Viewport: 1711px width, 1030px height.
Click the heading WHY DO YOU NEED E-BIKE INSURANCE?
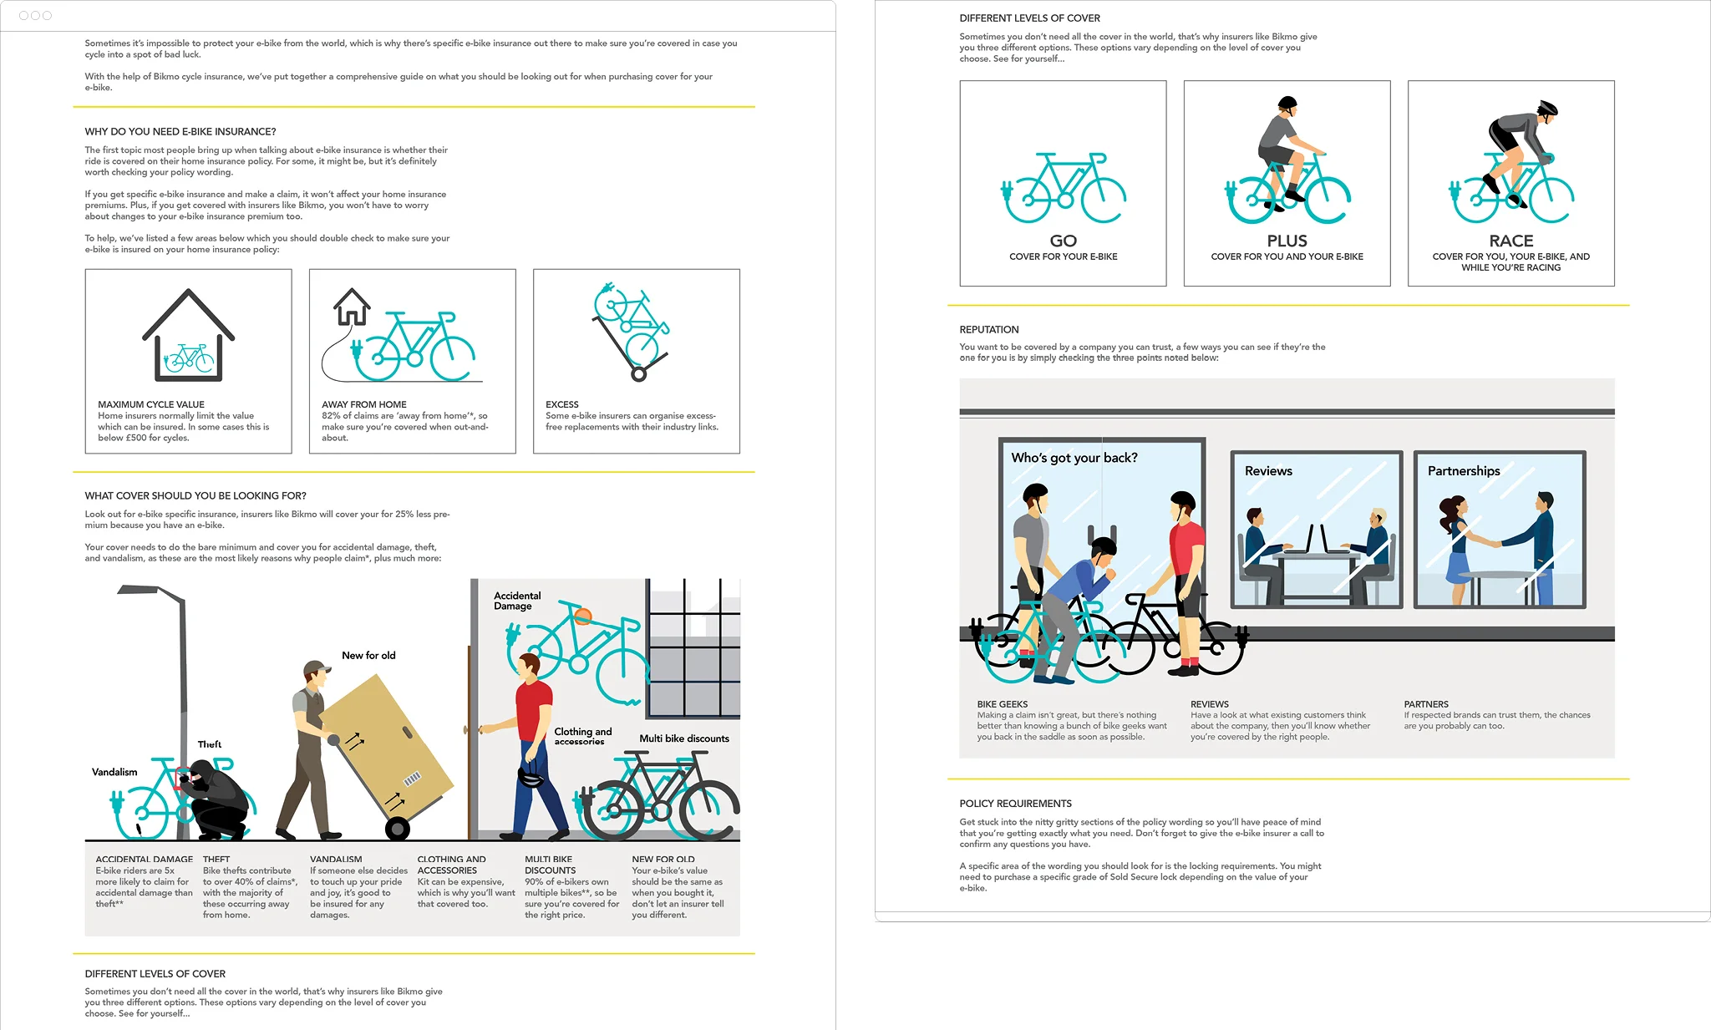tap(180, 131)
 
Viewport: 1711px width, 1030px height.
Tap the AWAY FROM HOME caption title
tap(363, 404)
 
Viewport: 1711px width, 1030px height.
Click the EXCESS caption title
tap(561, 404)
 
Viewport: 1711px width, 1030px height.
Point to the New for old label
tap(368, 656)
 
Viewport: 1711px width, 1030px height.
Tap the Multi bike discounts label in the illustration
tap(683, 738)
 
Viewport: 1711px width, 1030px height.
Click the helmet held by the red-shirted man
tap(531, 776)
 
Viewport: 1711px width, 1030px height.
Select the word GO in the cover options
tap(1063, 241)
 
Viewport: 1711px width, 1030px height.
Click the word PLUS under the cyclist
tap(1287, 241)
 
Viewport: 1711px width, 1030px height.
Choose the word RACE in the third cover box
tap(1510, 241)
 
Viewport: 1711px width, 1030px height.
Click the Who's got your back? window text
tap(1074, 458)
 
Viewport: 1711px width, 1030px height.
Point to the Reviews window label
tap(1267, 471)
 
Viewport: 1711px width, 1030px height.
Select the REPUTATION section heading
tap(988, 329)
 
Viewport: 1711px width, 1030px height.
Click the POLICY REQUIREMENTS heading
tap(1015, 804)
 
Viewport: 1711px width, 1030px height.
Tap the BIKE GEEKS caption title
tap(1002, 704)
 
